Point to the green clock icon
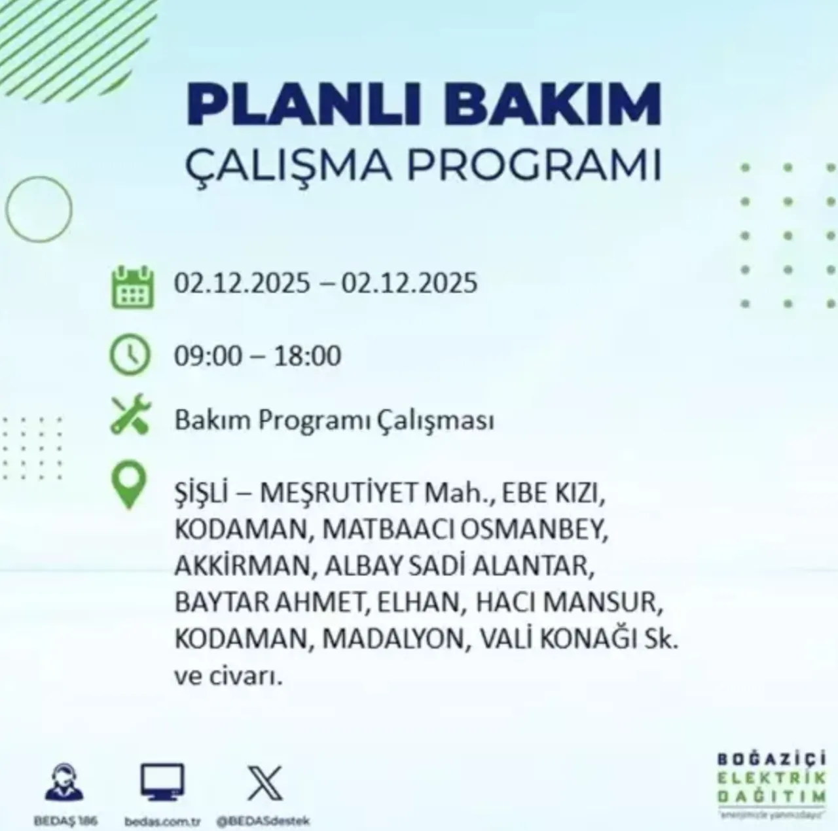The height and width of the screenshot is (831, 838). point(130,356)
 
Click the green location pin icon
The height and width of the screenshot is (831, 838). point(129,485)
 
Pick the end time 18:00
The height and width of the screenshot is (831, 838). point(308,356)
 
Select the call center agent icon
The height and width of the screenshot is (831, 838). point(64,783)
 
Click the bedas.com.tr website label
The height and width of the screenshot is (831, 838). point(162,821)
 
